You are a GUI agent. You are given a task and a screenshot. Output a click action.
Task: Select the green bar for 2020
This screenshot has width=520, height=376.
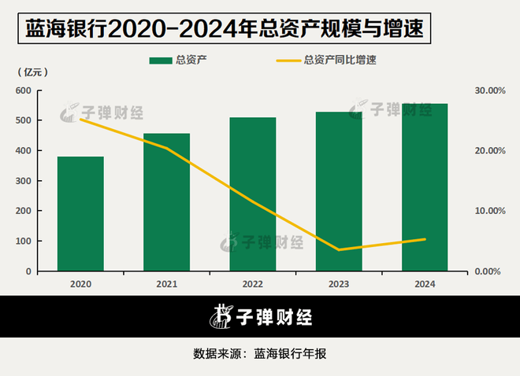coord(80,214)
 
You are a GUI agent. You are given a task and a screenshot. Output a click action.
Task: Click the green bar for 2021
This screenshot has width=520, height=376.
coord(166,202)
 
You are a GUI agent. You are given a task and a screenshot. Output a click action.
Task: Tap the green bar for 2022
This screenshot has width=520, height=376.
coord(253,194)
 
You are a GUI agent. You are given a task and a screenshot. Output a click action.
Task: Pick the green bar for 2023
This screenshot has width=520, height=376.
coord(339,192)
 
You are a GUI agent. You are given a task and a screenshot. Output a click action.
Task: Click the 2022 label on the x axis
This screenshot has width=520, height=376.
coord(253,283)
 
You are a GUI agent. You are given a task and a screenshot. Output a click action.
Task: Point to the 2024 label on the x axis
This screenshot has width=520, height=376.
coord(425,283)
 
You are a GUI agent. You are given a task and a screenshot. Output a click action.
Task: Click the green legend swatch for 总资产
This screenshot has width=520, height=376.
coord(162,60)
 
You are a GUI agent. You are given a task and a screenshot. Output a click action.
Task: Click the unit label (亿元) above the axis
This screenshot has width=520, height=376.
coord(32,72)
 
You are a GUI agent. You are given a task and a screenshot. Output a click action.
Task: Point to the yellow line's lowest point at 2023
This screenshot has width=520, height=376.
coord(339,250)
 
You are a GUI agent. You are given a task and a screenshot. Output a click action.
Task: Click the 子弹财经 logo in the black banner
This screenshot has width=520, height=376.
coord(260,317)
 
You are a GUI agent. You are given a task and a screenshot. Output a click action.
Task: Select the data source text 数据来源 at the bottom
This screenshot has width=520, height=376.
coord(260,354)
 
